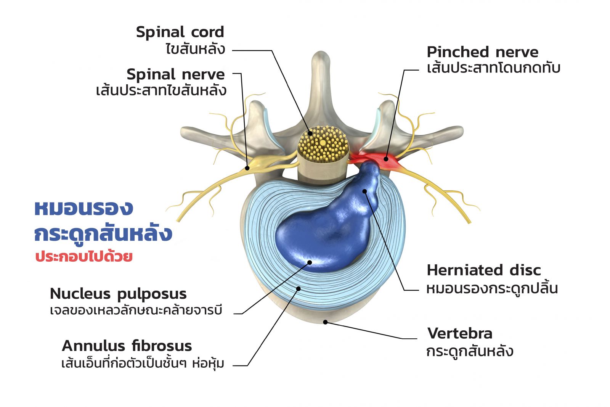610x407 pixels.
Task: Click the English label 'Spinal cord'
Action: click(x=180, y=32)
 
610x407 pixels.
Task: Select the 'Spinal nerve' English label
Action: click(x=176, y=75)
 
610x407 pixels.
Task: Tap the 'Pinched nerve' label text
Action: click(x=482, y=52)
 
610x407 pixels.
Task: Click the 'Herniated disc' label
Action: click(x=484, y=270)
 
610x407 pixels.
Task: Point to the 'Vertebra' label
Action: click(x=460, y=333)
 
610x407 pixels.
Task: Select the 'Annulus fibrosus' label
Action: click(x=127, y=346)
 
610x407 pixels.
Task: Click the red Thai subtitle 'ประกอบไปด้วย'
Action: click(x=84, y=256)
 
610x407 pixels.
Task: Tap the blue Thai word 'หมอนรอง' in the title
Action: click(x=84, y=208)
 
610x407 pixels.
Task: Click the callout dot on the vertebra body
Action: click(x=325, y=322)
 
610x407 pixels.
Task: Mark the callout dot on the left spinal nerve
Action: click(x=247, y=168)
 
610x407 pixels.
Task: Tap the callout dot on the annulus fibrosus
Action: click(x=299, y=289)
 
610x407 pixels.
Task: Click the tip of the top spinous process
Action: click(x=321, y=52)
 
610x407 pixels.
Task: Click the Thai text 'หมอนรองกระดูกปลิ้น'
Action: click(x=492, y=288)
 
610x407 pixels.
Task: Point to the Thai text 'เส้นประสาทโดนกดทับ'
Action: click(x=493, y=68)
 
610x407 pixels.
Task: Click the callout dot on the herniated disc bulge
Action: click(x=364, y=191)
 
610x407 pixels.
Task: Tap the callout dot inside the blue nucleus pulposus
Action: click(x=310, y=262)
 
